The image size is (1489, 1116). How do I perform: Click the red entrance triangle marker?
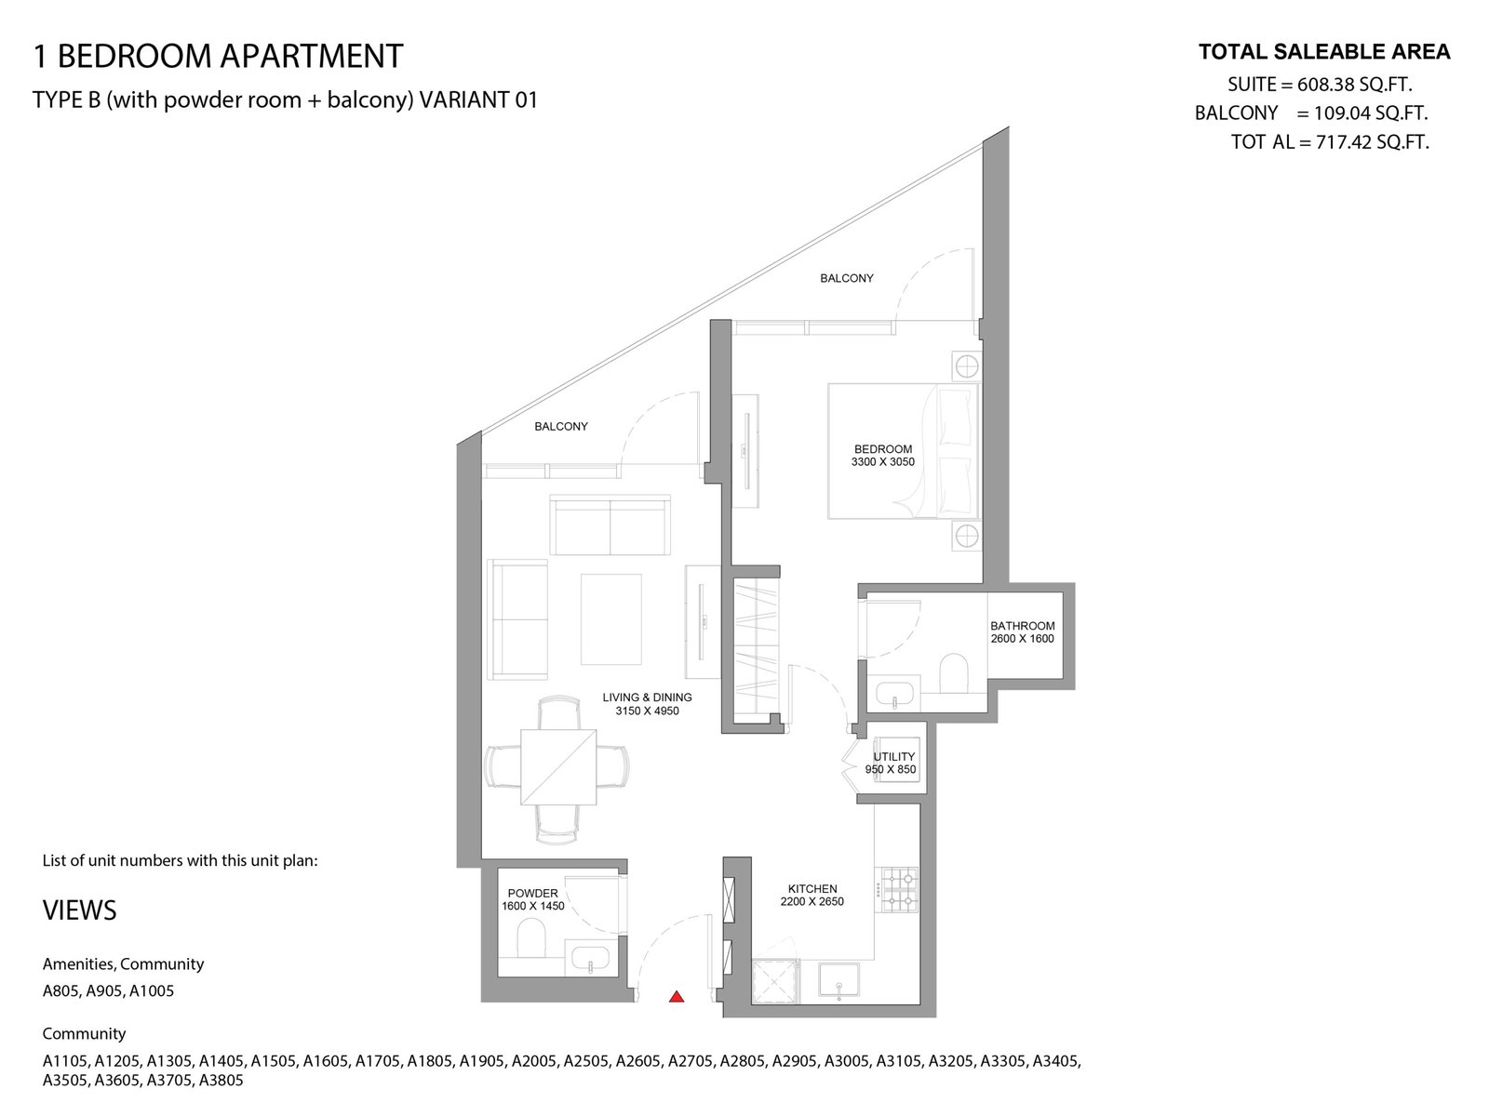point(677,996)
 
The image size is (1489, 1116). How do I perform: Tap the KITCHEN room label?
point(812,888)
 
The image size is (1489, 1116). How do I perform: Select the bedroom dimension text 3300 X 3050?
point(882,462)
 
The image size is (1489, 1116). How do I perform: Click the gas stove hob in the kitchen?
point(900,890)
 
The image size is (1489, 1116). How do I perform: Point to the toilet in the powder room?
point(531,937)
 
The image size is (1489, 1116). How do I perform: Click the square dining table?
point(558,766)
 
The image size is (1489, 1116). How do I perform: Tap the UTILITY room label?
point(894,756)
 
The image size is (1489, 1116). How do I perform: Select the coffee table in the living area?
point(610,619)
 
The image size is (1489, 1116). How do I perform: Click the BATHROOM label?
point(1022,625)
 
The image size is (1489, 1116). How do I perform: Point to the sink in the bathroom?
point(895,693)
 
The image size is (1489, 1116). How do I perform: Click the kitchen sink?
point(839,980)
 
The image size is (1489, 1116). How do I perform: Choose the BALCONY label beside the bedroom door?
point(847,278)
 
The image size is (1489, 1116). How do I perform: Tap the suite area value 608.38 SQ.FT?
point(1355,84)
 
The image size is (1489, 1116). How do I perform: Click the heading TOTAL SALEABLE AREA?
point(1324,52)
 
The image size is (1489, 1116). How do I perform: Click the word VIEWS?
point(79,910)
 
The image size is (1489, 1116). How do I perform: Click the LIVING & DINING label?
point(647,697)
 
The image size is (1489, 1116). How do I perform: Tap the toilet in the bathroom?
point(954,672)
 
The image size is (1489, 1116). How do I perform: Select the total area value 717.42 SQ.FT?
point(1373,142)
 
